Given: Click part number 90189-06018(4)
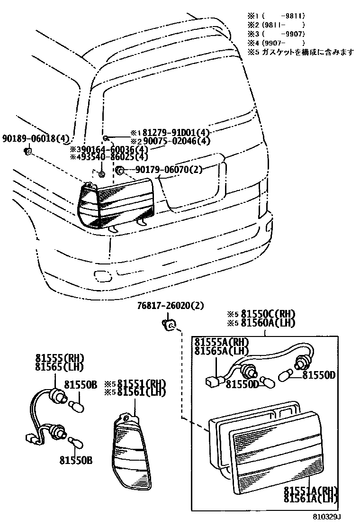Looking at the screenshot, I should click(36, 139).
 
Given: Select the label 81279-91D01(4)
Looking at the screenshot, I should click(175, 133).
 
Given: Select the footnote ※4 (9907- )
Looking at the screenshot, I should click(277, 43).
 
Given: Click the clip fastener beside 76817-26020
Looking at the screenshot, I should click(170, 325).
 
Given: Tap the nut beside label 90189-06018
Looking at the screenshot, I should click(28, 151).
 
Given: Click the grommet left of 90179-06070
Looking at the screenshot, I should click(120, 170).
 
